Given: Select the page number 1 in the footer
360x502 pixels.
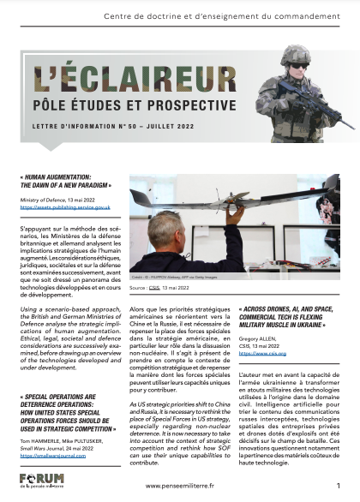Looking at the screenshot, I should coord(338,484).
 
